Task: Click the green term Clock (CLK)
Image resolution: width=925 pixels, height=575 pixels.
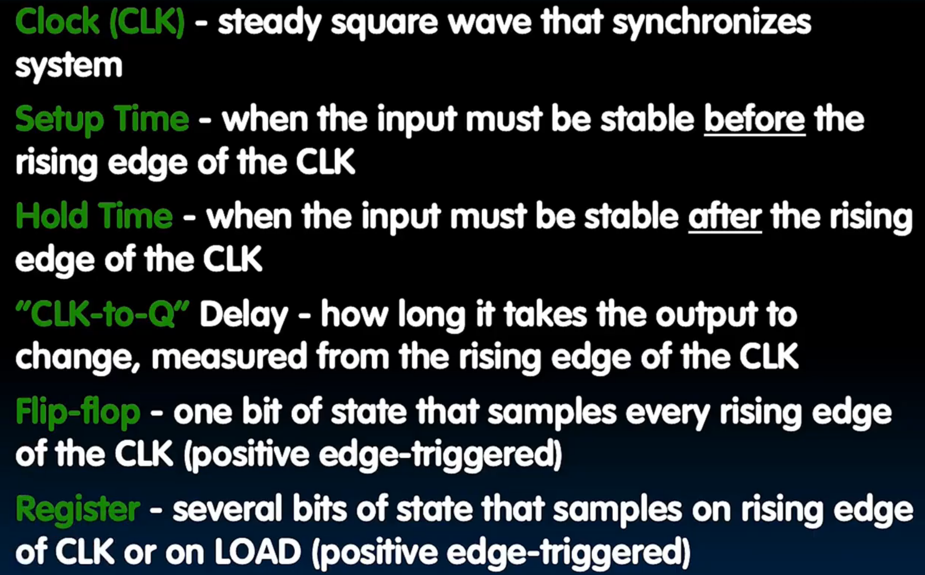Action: [100, 23]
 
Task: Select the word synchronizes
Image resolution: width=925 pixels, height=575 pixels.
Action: [711, 23]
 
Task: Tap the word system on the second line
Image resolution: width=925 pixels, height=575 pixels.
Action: [69, 66]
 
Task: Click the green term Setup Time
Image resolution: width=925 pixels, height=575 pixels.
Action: [102, 119]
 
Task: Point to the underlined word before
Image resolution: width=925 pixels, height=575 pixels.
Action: [754, 119]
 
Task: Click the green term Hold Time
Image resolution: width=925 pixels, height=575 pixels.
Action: [94, 216]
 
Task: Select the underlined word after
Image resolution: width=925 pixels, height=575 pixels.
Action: [725, 216]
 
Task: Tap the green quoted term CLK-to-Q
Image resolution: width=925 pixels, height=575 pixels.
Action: [102, 315]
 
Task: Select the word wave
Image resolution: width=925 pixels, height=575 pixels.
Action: [490, 23]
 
